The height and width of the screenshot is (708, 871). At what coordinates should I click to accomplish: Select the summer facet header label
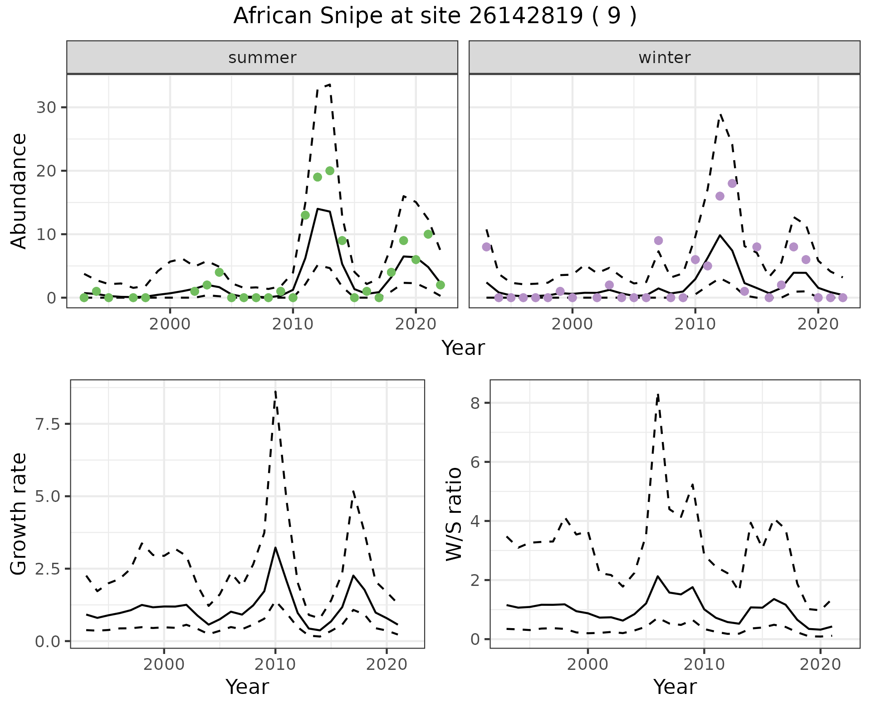click(262, 58)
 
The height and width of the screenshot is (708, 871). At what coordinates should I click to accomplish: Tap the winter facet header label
click(664, 58)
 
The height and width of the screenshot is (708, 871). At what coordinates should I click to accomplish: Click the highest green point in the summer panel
click(330, 171)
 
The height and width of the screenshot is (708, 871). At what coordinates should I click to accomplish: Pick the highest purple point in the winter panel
click(732, 183)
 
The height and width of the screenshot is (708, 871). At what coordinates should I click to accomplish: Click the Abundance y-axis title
click(19, 191)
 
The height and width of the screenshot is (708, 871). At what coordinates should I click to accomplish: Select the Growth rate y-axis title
click(19, 514)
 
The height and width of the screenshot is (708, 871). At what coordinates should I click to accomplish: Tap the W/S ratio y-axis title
click(454, 514)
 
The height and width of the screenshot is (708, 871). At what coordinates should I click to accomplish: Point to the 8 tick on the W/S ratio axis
click(475, 403)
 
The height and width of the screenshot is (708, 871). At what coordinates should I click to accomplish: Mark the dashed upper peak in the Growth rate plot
click(275, 391)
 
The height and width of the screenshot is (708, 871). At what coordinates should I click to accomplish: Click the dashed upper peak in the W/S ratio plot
click(658, 394)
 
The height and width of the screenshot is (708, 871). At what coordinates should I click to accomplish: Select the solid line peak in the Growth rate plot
click(275, 547)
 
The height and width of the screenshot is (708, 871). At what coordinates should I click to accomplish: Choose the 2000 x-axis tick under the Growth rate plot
click(164, 665)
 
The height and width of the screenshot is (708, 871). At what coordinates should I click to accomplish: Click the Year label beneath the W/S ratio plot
click(675, 687)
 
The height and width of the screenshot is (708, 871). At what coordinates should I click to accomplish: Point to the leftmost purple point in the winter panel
click(486, 247)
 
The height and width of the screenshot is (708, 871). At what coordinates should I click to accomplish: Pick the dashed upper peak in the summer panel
click(330, 84)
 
